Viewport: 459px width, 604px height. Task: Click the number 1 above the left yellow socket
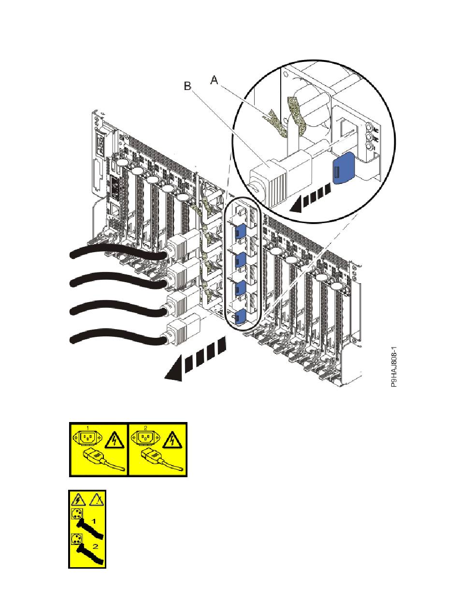(x=87, y=427)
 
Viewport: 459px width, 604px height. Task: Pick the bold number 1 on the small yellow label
(x=94, y=521)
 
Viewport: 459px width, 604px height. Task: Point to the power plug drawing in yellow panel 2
(x=154, y=458)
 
